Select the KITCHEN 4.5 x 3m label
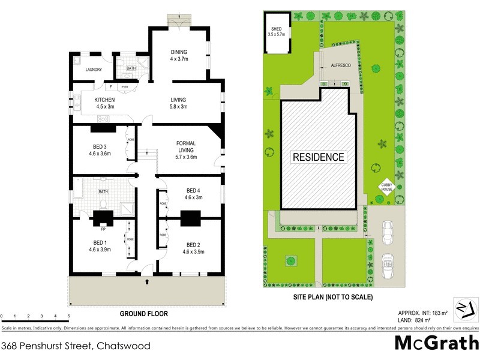105,103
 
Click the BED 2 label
193,245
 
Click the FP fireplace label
103,229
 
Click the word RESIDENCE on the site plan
319,157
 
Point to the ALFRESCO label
340,68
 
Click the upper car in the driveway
388,230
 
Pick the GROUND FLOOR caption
143,313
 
